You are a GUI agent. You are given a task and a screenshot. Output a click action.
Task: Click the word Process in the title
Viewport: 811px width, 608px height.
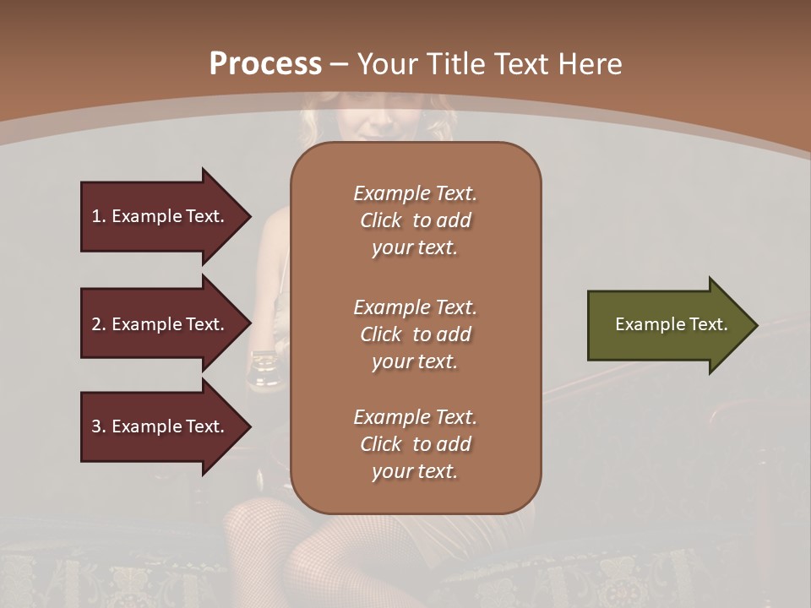265,64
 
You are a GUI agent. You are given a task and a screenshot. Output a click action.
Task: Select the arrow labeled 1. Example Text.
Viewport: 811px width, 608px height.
161,216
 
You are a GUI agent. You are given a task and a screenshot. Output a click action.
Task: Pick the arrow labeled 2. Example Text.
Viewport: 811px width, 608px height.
161,324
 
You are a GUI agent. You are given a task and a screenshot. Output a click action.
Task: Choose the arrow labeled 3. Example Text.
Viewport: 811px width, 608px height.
161,426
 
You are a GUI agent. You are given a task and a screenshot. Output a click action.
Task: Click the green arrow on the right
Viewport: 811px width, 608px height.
667,325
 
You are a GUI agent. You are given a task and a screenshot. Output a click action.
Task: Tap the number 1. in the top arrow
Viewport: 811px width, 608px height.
98,216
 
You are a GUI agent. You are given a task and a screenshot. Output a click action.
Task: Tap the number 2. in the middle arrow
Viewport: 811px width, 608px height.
98,324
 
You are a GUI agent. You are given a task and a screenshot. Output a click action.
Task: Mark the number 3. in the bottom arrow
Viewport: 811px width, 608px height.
98,426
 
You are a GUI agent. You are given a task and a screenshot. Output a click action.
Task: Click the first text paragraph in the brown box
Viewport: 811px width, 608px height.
415,220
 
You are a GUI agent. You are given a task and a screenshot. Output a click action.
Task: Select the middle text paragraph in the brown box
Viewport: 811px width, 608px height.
415,334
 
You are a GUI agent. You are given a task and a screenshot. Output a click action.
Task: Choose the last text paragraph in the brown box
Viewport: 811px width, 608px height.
415,444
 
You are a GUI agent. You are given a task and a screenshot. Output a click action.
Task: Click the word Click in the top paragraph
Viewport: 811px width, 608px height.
381,220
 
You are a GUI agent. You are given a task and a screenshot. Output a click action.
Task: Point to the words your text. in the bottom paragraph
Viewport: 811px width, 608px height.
415,472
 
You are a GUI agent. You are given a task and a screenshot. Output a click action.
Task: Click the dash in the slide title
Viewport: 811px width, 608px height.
339,64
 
